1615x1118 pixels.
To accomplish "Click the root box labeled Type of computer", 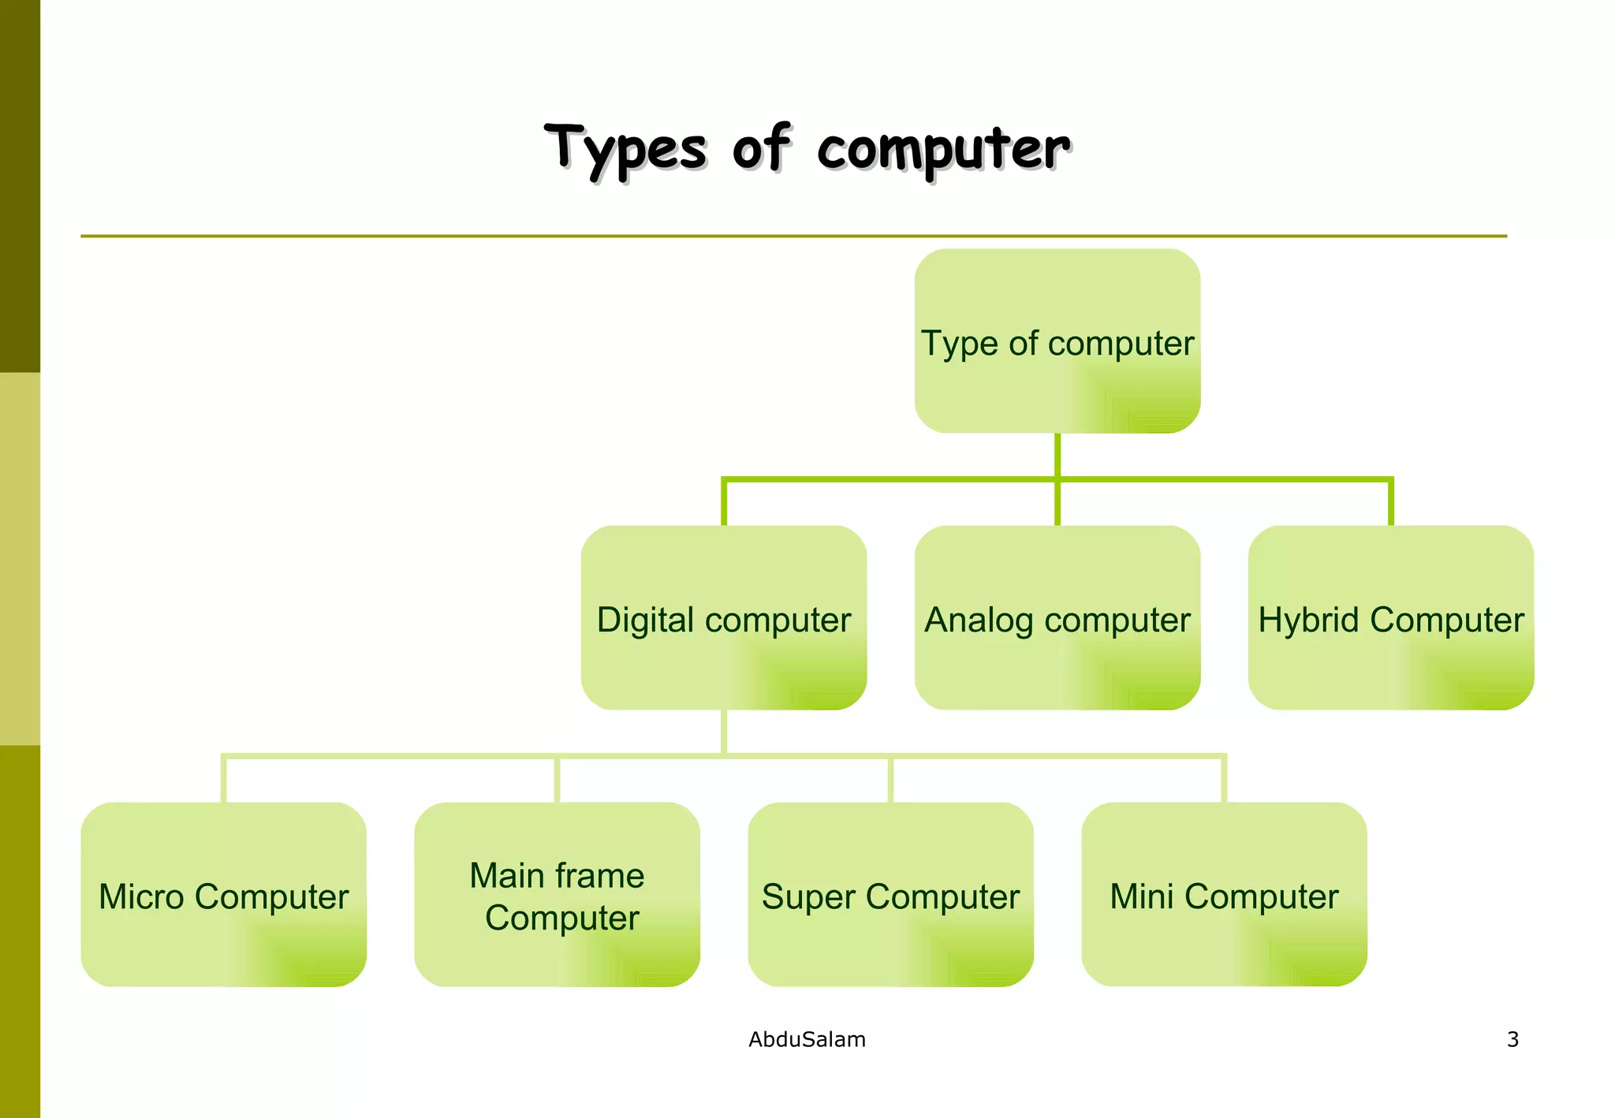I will [x=1057, y=341].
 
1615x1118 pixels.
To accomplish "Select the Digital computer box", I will [x=723, y=617].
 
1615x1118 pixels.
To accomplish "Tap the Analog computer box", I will [x=1057, y=617].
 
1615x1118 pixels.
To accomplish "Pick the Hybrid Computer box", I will [x=1390, y=617].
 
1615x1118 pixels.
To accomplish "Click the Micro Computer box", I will [x=223, y=894].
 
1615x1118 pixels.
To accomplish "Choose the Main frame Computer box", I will [x=557, y=894].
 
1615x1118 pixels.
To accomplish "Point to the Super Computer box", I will [x=890, y=894].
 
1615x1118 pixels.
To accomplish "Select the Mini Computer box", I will [x=1224, y=894].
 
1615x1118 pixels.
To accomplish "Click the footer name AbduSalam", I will [x=807, y=1039].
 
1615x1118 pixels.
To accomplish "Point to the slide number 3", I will [x=1512, y=1039].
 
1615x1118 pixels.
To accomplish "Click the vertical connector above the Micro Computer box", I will [x=224, y=780].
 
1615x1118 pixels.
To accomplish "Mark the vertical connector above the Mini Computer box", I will [x=1224, y=780].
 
